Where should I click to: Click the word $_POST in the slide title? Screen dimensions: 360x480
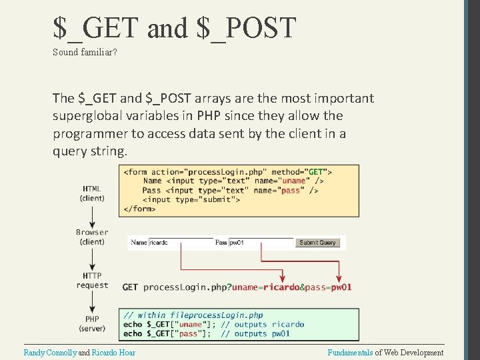247,28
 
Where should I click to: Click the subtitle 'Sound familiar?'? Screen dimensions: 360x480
85,52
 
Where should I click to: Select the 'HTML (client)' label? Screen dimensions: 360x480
92,193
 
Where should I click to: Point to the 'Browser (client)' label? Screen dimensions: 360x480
92,237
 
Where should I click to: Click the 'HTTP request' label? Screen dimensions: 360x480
92,280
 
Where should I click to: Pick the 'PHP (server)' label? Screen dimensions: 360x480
92,323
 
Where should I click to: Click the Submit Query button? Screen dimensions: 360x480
317,243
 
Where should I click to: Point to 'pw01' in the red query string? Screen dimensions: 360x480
341,287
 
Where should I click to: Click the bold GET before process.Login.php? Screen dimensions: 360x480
131,287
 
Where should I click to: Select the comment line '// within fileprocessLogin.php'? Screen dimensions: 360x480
193,315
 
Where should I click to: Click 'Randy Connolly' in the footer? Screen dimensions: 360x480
50,352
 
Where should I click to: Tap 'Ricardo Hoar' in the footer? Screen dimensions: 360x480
113,352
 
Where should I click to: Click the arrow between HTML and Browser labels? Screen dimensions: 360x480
92,215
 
